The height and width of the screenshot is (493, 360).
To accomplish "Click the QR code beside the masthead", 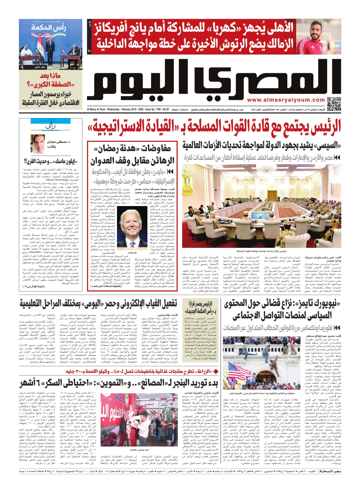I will click(334, 104).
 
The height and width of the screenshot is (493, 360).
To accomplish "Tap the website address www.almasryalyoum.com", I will click(286, 100).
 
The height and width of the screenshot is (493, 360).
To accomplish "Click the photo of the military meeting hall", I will click(261, 210).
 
